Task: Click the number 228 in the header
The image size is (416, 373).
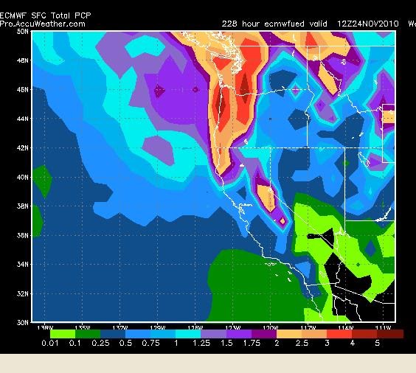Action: tap(230, 24)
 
